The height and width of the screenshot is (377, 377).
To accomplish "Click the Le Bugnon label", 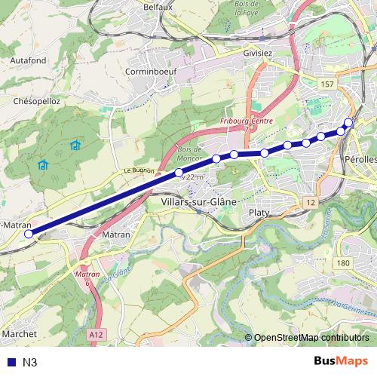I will (139, 171).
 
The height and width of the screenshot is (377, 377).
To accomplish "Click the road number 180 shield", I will (343, 262).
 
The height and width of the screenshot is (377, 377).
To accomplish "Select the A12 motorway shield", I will (95, 332).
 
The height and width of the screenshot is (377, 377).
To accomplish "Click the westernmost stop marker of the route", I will (29, 234).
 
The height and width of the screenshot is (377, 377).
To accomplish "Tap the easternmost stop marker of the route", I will (348, 122).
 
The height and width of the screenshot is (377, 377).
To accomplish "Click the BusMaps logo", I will (341, 361).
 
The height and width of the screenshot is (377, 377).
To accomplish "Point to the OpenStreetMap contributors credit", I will (311, 338).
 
